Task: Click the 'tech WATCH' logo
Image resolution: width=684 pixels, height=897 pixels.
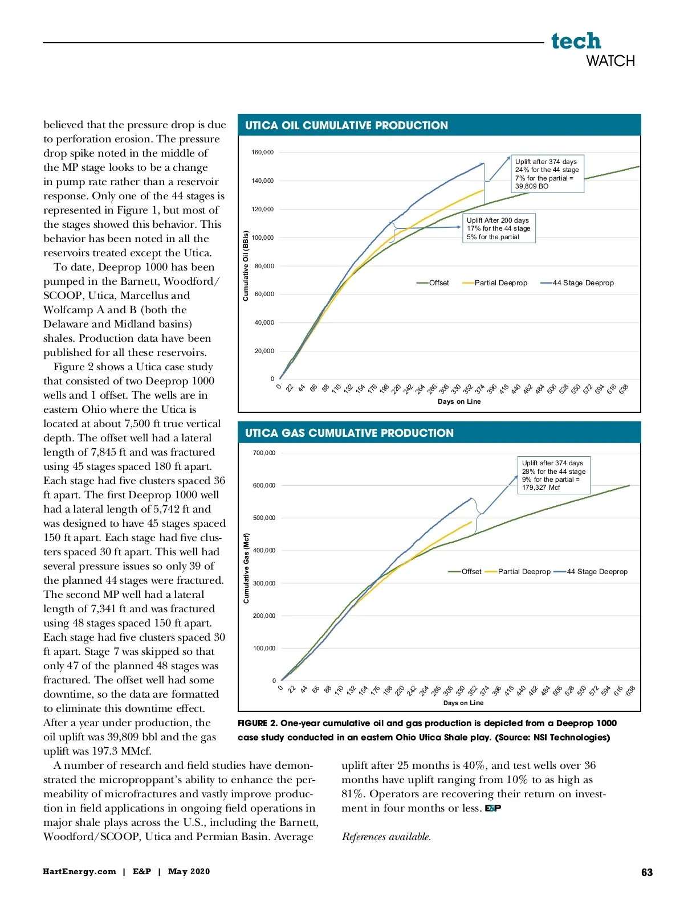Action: pyautogui.click(x=592, y=50)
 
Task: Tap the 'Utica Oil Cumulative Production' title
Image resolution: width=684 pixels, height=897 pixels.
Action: pyautogui.click(x=347, y=125)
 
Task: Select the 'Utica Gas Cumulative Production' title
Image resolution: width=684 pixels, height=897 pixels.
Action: pyautogui.click(x=349, y=433)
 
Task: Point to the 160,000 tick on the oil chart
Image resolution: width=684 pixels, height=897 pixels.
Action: pyautogui.click(x=262, y=153)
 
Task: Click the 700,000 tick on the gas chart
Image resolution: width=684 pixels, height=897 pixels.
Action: pyautogui.click(x=264, y=453)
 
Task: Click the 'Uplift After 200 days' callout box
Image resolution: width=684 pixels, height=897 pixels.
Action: pyautogui.click(x=498, y=228)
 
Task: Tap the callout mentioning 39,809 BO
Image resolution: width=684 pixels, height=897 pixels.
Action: pyautogui.click(x=547, y=174)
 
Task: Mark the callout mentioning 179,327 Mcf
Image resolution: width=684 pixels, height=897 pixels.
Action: pyautogui.click(x=553, y=475)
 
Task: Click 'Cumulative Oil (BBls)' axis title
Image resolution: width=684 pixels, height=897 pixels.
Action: pyautogui.click(x=246, y=265)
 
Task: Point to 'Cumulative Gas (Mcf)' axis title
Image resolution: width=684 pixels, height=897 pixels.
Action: pyautogui.click(x=246, y=568)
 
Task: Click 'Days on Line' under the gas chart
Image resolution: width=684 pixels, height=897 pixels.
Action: pyautogui.click(x=463, y=703)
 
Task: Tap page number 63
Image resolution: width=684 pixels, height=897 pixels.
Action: pyautogui.click(x=647, y=873)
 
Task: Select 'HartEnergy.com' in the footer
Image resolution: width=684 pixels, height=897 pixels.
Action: pyautogui.click(x=79, y=871)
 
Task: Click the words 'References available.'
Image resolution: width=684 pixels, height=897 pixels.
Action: pyautogui.click(x=386, y=837)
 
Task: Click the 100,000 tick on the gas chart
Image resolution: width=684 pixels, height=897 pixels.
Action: pyautogui.click(x=264, y=649)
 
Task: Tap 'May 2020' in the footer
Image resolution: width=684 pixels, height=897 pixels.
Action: pyautogui.click(x=189, y=871)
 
